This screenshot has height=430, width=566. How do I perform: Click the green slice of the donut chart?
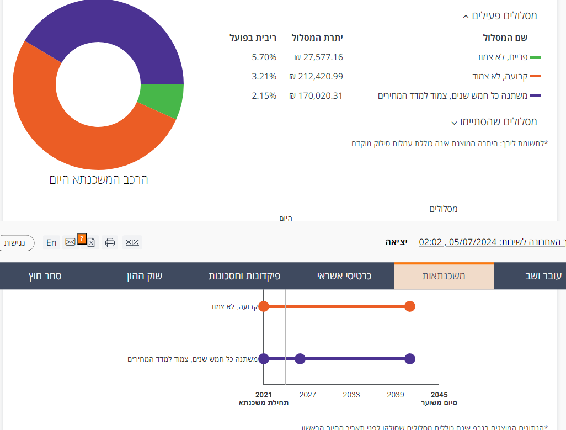(x=162, y=100)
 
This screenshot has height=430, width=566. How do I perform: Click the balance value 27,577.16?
(x=318, y=57)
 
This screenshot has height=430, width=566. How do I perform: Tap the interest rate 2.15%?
(x=264, y=95)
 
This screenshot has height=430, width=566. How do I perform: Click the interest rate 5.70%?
(x=264, y=57)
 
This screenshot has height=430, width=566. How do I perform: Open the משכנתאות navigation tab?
(x=444, y=275)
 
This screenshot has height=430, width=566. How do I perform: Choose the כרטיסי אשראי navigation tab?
(x=344, y=275)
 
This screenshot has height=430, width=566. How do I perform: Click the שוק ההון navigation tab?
(x=145, y=275)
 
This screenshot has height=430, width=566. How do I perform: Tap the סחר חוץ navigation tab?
(x=45, y=275)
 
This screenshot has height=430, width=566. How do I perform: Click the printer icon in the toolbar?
(x=110, y=242)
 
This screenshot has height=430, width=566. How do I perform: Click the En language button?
(x=51, y=242)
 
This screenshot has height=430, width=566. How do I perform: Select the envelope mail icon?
(x=70, y=242)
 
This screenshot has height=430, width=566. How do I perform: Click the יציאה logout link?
(x=396, y=242)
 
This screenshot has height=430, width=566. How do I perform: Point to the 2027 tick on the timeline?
(x=307, y=395)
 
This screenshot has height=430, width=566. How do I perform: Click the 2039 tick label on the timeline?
(x=395, y=395)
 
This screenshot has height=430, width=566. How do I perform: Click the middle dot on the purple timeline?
(x=300, y=359)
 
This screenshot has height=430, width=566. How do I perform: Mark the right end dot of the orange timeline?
(x=409, y=306)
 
